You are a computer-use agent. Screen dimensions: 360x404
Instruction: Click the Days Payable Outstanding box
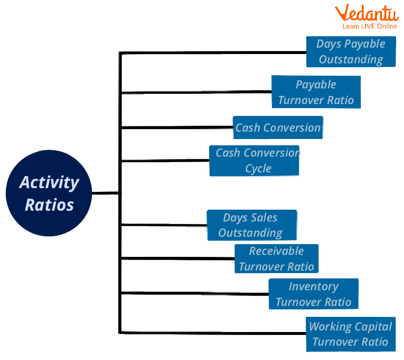pos(350,52)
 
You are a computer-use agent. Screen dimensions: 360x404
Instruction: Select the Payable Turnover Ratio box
pos(316,92)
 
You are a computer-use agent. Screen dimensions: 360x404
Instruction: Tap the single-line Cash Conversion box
pos(278,128)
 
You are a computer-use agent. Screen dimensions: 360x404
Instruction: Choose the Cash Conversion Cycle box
pos(254,160)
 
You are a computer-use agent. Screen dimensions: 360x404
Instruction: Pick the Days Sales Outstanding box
pos(252,225)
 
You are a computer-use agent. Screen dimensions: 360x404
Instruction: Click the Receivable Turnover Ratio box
pos(276,259)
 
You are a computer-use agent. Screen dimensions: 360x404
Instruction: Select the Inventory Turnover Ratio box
pos(314,294)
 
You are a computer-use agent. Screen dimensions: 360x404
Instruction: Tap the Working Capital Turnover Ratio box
pos(350,334)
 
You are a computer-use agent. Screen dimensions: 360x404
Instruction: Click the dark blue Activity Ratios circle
pos(49,193)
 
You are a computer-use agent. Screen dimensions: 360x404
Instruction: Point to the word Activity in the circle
pos(49,182)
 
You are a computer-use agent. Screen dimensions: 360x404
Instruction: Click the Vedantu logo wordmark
pos(367,13)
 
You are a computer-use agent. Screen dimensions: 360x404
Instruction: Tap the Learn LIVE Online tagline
pos(370,26)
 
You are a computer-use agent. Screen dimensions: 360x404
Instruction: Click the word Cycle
pos(258,168)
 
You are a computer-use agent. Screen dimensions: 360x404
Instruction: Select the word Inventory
pos(314,286)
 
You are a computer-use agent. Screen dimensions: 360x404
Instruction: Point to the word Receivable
pos(276,251)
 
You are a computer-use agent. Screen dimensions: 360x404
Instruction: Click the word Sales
pos(265,218)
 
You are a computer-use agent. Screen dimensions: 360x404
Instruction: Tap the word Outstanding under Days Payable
pos(350,59)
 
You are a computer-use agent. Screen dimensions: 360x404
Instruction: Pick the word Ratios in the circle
pos(49,204)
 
